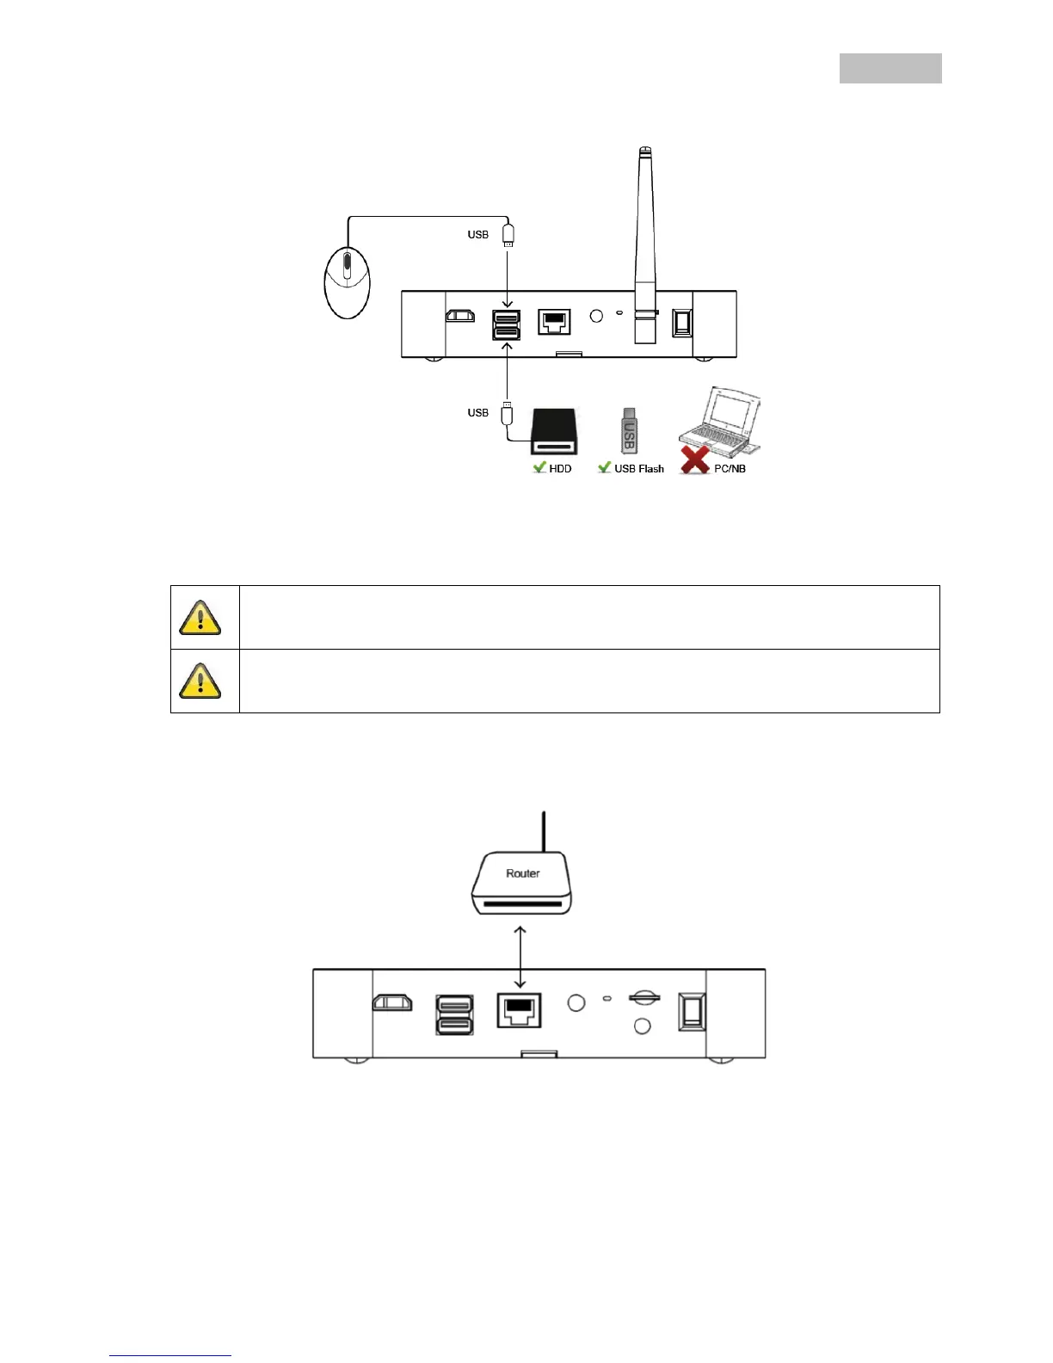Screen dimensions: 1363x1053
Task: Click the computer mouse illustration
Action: point(348,281)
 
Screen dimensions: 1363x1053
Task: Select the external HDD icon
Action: point(554,431)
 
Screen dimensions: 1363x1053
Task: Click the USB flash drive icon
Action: point(629,430)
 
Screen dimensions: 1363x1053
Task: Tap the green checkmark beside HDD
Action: point(539,467)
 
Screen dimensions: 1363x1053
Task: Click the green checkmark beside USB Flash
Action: point(605,467)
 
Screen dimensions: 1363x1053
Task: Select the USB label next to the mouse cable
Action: point(478,235)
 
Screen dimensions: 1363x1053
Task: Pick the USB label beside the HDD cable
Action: point(478,413)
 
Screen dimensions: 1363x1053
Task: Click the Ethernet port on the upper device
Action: point(554,322)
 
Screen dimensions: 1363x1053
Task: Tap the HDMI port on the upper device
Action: point(460,316)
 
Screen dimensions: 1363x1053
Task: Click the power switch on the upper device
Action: point(682,323)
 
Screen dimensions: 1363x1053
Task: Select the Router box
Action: point(521,883)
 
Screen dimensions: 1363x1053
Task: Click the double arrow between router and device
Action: point(520,957)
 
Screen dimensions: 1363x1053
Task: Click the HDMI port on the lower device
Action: point(392,1002)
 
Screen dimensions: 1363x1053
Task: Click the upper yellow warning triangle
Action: point(200,618)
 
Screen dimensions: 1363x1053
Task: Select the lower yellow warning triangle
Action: point(200,681)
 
